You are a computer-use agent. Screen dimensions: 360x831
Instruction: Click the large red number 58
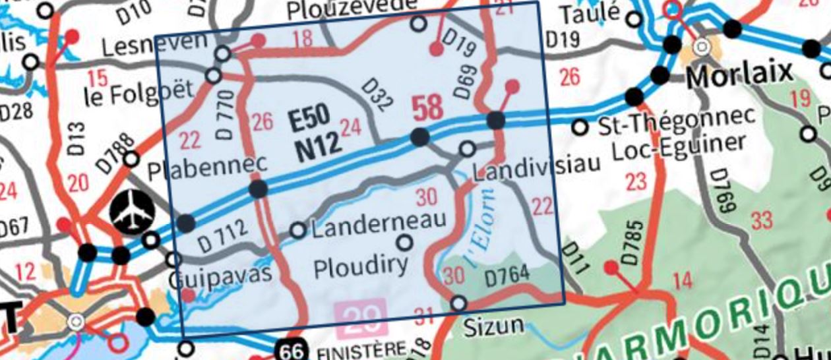[427, 107]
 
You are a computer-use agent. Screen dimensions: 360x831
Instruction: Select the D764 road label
[508, 278]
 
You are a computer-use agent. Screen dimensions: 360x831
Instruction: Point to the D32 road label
[379, 96]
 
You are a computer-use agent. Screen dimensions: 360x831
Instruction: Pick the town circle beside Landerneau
[298, 230]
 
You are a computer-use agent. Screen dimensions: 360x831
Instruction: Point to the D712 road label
[222, 236]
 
